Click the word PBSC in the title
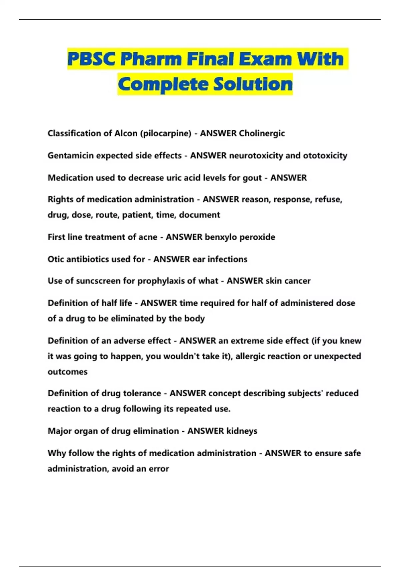point(92,59)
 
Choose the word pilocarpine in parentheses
point(166,133)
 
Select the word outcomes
point(67,372)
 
